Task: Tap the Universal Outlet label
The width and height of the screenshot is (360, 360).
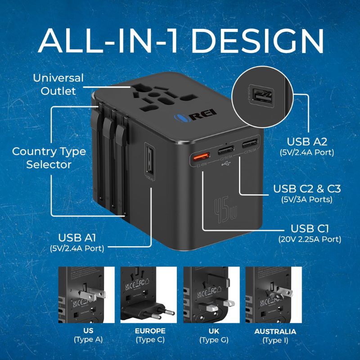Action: [x=58, y=84]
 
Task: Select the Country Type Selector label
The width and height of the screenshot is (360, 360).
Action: [x=49, y=157]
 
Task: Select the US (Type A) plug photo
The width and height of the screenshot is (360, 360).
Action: [x=85, y=294]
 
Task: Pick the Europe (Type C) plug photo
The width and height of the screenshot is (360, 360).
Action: [x=149, y=294]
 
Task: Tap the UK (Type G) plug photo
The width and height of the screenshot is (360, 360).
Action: [x=211, y=294]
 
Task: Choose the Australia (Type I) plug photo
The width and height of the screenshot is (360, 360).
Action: [x=273, y=294]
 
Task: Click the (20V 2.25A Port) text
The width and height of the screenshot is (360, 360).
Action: [x=310, y=239]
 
